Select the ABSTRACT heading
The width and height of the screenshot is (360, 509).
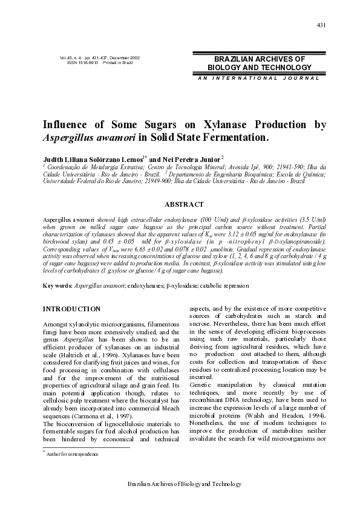click(x=184, y=205)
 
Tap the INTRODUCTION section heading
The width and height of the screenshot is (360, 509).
click(x=71, y=309)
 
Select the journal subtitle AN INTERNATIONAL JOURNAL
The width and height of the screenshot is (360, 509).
click(x=258, y=79)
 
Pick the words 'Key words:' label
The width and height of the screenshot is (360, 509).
click(x=56, y=285)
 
